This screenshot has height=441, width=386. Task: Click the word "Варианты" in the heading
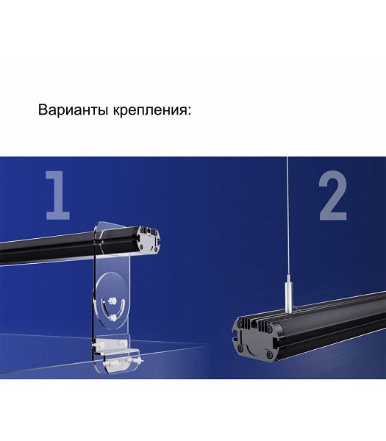[x=73, y=110]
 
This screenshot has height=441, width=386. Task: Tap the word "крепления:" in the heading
[x=152, y=110]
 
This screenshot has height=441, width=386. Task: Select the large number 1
[x=57, y=196]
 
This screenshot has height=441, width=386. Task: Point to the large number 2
[x=333, y=196]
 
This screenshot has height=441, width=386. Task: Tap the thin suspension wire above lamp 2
[x=287, y=220]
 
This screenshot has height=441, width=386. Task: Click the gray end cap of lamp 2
[x=252, y=338]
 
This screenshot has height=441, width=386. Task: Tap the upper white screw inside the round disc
[x=112, y=301]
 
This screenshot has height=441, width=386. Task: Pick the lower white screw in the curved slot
[x=113, y=318]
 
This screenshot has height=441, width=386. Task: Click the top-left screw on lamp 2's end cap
[x=240, y=324]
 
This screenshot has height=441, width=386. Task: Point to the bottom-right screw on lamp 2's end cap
[x=269, y=354]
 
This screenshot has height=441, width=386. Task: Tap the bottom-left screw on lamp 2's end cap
[x=240, y=348]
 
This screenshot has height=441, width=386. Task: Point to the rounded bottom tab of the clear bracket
[x=118, y=365]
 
